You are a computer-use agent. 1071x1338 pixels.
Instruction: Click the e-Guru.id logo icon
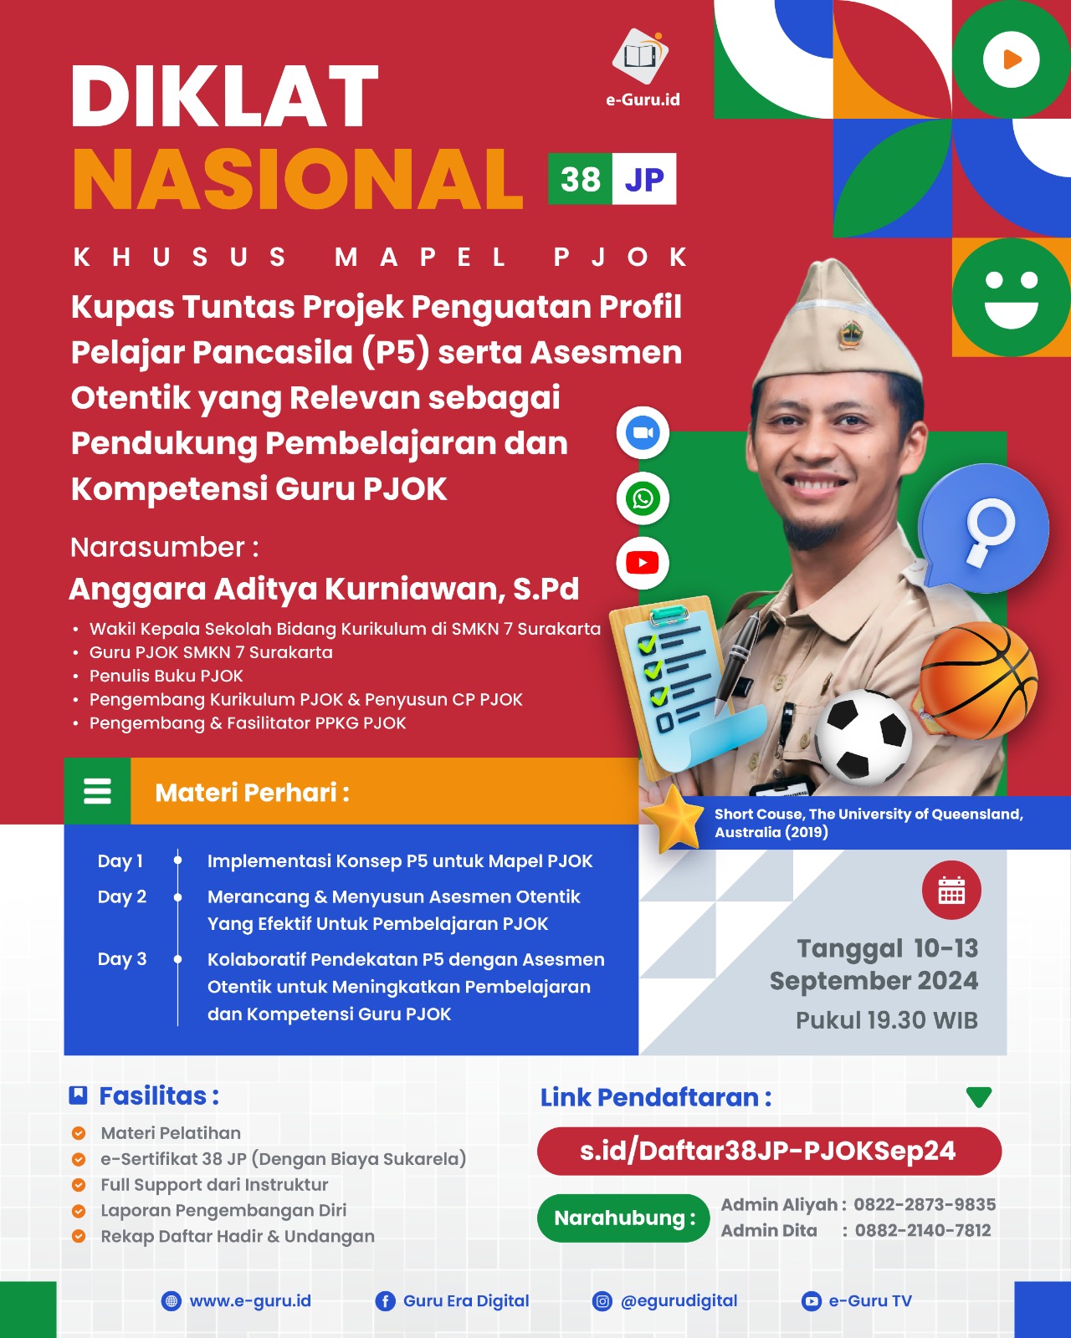point(641,57)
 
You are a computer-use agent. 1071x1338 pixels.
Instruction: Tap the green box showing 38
point(581,179)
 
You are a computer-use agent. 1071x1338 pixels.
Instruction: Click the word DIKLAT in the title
point(225,97)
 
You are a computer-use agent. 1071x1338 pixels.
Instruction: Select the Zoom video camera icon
point(643,432)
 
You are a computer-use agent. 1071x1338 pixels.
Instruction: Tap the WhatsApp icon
point(643,498)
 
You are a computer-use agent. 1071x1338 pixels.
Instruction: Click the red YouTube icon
point(643,563)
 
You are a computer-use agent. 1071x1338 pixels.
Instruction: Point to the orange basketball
point(978,678)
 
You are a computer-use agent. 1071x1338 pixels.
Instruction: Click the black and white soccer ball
point(863,736)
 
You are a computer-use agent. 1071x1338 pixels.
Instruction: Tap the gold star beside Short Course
point(674,820)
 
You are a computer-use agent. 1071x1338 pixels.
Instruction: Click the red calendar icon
point(951,890)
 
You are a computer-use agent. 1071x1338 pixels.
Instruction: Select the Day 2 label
point(122,896)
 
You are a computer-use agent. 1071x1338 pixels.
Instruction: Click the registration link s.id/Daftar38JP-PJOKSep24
point(768,1151)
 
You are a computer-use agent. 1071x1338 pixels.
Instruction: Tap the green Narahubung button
point(623,1218)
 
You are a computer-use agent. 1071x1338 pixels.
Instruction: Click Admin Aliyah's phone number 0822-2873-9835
point(925,1204)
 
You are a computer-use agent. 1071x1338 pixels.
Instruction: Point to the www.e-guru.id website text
point(250,1300)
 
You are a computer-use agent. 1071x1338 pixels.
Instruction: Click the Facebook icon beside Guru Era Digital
point(385,1301)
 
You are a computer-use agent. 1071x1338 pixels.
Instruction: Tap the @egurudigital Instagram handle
point(679,1300)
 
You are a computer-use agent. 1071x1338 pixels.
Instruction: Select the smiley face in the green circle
point(1012,297)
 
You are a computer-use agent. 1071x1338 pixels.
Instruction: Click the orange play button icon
point(1012,59)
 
